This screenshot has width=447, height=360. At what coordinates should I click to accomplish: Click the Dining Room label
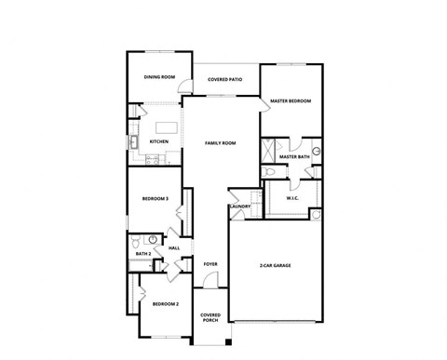(x=159, y=77)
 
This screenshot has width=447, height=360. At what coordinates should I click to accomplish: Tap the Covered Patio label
(x=225, y=80)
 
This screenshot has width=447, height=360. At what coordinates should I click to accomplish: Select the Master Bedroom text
(x=290, y=100)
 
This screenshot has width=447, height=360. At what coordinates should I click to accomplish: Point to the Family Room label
(x=221, y=143)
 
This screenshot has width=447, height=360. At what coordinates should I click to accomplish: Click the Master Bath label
(x=294, y=156)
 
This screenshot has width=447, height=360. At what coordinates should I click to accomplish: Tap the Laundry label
(x=240, y=207)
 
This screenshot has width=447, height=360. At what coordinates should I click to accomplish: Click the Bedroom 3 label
(x=155, y=198)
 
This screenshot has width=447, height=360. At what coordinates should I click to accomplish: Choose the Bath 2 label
(x=142, y=253)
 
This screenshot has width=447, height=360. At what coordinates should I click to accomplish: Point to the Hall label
(x=174, y=248)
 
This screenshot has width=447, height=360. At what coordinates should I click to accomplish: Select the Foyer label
(x=210, y=264)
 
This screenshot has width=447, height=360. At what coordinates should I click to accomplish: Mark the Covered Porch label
(x=210, y=317)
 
